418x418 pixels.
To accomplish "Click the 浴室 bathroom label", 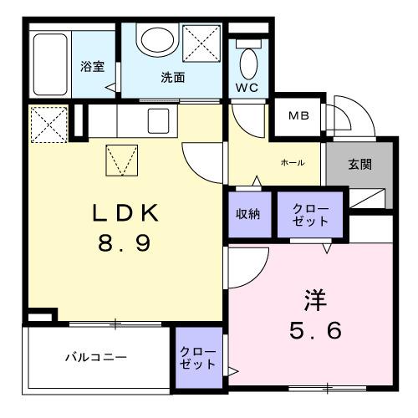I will tap(92, 67).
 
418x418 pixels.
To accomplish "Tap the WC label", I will tap(247, 88).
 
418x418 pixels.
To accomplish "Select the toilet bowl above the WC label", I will tap(248, 62).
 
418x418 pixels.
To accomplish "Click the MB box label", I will tap(298, 116).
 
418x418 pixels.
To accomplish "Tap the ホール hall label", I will tap(292, 162).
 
